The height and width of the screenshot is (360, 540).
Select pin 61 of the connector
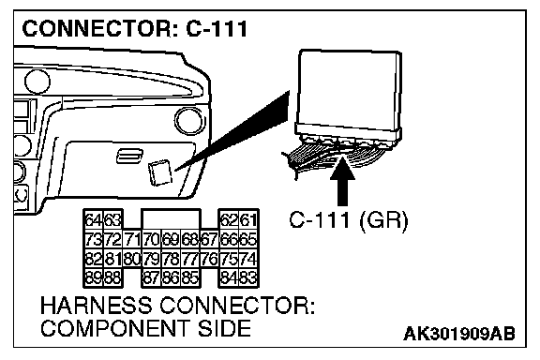pos(248,219)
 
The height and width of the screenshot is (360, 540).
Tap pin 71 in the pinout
pos(132,239)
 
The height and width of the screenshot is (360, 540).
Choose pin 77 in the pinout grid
pos(190,259)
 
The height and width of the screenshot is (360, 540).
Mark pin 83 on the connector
pos(248,277)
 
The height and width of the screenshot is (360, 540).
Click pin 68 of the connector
pos(190,239)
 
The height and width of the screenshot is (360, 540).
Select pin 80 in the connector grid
pos(132,259)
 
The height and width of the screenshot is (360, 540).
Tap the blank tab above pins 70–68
pos(172,218)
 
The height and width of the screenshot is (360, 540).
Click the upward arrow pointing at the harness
pos(342,181)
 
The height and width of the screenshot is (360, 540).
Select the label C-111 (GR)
pos(349,219)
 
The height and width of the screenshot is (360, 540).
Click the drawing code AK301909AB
pos(459,334)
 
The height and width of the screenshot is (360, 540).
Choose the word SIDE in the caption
pos(224,328)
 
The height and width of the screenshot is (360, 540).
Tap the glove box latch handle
pos(129,156)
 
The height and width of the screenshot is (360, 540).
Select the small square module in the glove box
pos(160,172)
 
